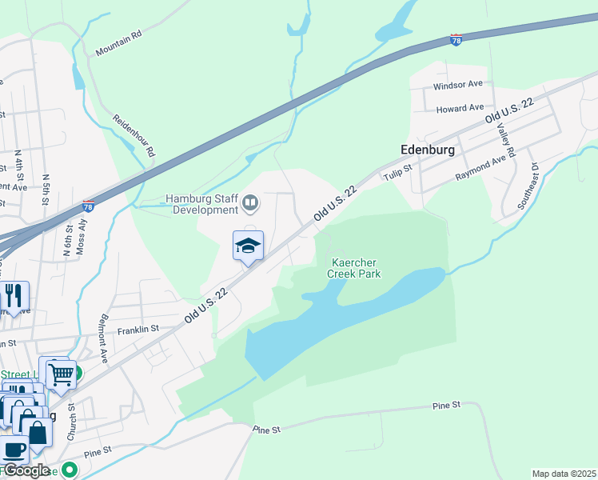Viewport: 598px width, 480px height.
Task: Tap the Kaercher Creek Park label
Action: click(x=353, y=268)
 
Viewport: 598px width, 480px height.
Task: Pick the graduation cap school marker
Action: click(x=248, y=245)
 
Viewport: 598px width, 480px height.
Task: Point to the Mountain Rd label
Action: click(x=118, y=43)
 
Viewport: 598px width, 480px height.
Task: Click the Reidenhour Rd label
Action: click(x=134, y=134)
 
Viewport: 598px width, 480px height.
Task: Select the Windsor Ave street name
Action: click(x=458, y=84)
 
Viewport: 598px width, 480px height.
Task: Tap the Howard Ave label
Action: click(x=460, y=107)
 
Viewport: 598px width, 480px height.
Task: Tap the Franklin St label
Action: click(x=138, y=329)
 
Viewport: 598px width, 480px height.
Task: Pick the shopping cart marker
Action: click(x=61, y=374)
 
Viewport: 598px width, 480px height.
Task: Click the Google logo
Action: click(x=26, y=470)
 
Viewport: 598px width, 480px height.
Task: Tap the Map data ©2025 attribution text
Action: click(x=564, y=474)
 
